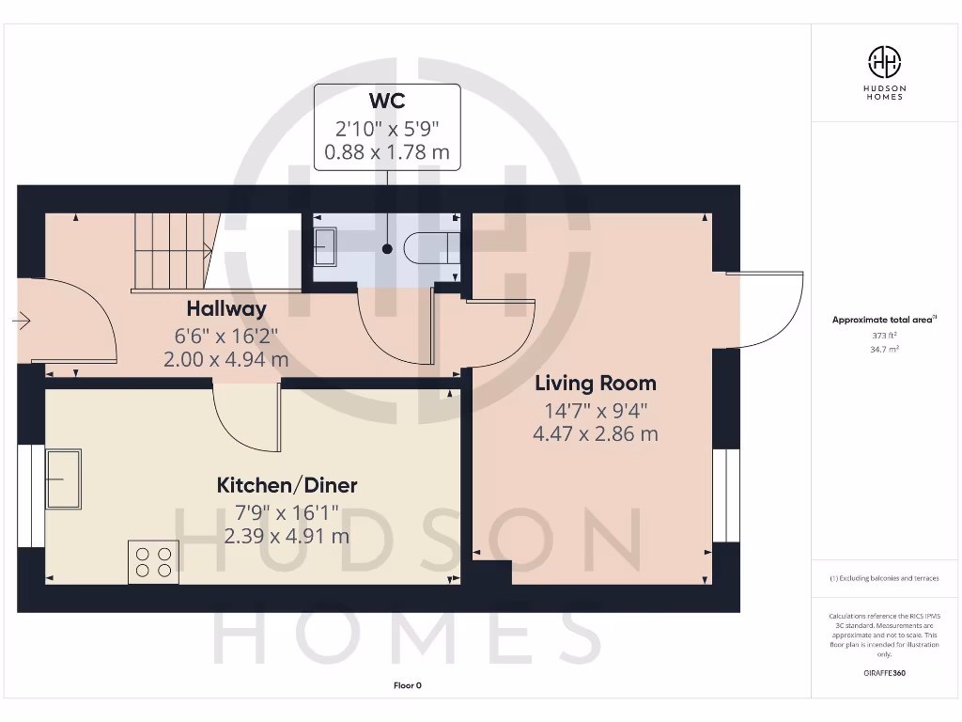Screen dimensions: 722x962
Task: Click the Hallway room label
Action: coord(225,308)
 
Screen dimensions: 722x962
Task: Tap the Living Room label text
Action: coord(596,384)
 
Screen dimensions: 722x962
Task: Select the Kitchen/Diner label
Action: coord(287,486)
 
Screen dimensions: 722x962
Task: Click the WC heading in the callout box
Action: coord(387,102)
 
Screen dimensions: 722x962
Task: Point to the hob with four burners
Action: coord(153,561)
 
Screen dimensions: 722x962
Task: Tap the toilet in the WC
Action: coord(429,248)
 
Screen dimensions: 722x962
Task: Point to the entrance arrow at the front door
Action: coord(21,322)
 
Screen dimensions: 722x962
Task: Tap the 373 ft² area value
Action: coord(883,335)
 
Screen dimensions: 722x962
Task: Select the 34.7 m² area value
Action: coord(883,349)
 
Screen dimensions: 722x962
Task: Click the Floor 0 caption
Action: coord(407,685)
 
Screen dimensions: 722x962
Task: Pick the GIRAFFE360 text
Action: coord(883,673)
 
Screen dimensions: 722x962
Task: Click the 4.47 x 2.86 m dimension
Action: coord(596,433)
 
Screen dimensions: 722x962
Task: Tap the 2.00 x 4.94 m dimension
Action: coord(225,359)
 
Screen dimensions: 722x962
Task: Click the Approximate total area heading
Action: coord(882,320)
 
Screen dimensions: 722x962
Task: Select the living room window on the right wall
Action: coord(725,495)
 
